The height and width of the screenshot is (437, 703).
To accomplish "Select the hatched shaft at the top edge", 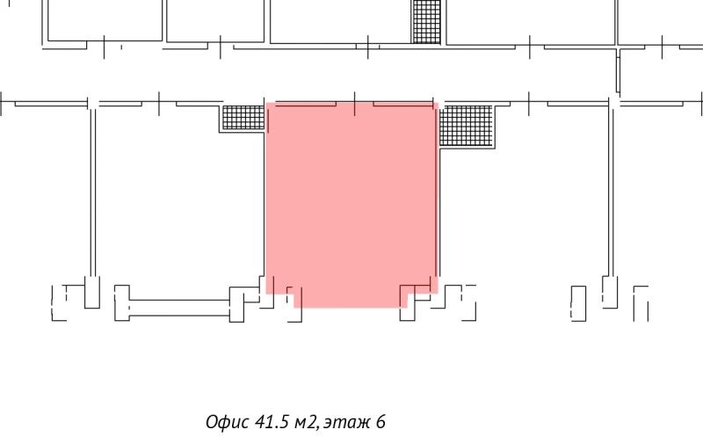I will (425, 20).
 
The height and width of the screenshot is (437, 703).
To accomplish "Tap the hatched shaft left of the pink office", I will (243, 119).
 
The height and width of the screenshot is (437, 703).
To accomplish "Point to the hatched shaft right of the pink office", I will (466, 124).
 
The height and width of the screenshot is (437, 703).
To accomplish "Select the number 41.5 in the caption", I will (272, 421).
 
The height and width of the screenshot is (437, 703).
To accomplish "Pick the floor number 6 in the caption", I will (380, 421).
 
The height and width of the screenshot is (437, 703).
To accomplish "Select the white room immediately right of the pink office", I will (523, 202).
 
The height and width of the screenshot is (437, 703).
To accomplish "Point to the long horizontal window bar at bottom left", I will (180, 308).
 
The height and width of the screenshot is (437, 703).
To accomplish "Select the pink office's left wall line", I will (265, 193).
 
